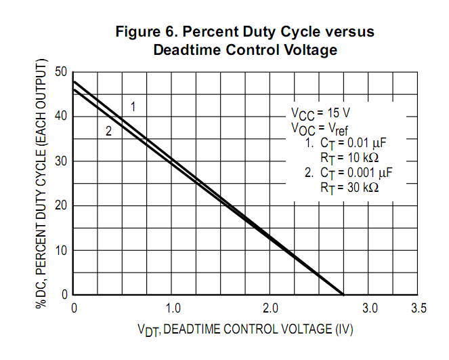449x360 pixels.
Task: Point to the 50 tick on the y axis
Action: coord(61,72)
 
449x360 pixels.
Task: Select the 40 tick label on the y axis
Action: coord(61,117)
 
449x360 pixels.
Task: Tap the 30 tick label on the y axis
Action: coord(61,161)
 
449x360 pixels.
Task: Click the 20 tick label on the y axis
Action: coord(61,205)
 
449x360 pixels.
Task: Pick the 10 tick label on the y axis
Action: coord(61,250)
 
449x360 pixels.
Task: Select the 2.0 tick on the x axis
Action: coord(271,308)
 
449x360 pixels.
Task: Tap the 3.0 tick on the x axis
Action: coord(369,308)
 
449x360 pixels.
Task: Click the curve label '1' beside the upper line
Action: coord(133,106)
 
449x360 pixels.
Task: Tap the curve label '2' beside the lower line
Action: coord(108,132)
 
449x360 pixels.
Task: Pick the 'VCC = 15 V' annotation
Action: coord(321,113)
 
